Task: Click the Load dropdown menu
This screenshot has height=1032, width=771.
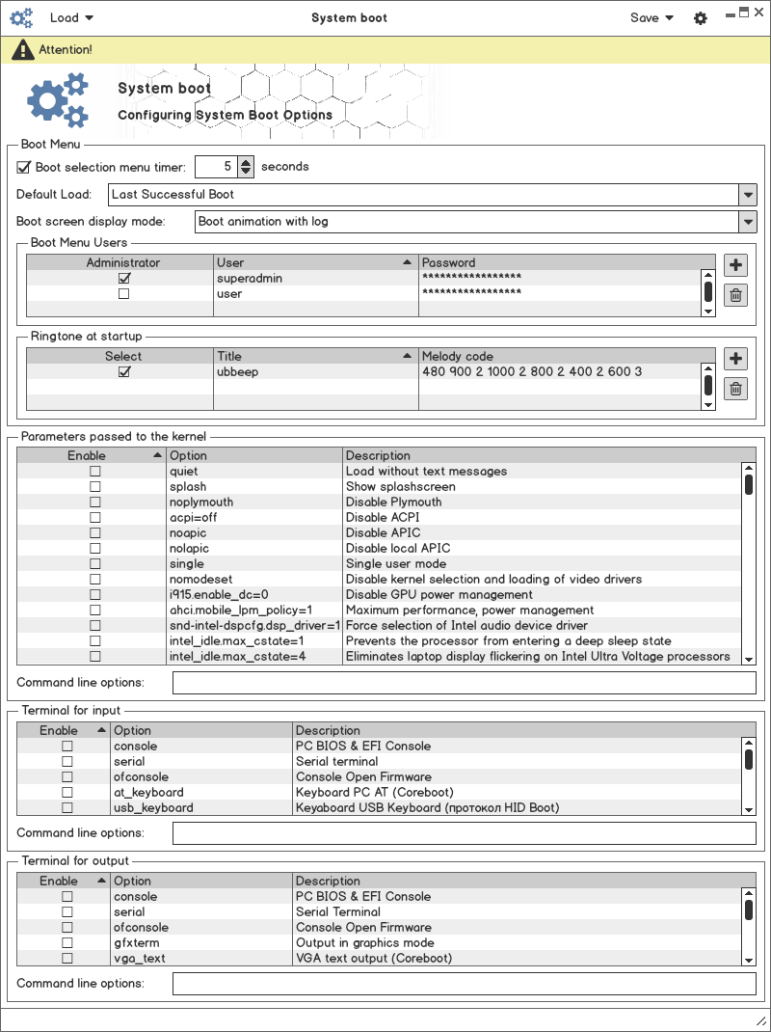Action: pos(71,17)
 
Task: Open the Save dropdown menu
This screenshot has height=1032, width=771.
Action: pos(651,17)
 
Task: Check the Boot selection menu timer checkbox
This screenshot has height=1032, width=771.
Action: pos(24,167)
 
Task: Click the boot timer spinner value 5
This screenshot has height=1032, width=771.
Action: pos(216,167)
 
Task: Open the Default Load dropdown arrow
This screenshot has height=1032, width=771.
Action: pos(748,195)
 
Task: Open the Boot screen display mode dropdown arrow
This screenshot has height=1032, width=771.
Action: pos(748,222)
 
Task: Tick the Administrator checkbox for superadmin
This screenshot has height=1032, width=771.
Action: pos(123,279)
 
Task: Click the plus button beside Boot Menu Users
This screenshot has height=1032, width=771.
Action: pos(735,265)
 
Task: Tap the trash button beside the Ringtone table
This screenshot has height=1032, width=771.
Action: pos(735,389)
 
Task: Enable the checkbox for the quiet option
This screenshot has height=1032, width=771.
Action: pos(94,472)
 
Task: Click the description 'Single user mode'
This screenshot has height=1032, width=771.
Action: pos(396,564)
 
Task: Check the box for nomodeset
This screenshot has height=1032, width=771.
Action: pos(94,580)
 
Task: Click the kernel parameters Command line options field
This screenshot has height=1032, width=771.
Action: pos(464,683)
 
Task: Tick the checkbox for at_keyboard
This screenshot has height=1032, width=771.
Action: pos(67,793)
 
